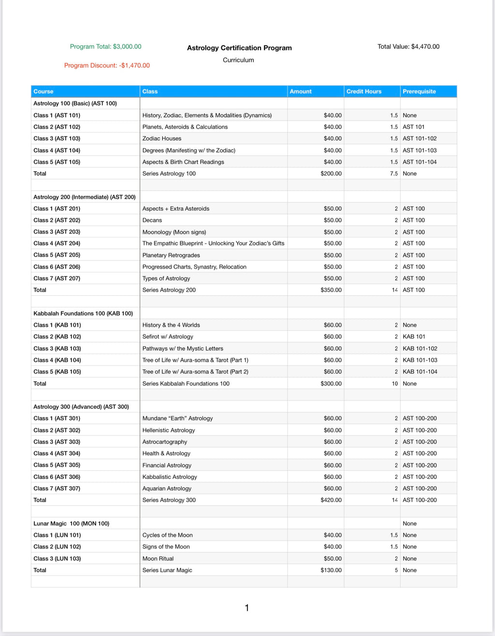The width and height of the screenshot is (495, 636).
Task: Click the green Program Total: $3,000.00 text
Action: pyautogui.click(x=105, y=47)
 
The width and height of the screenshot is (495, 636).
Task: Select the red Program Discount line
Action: pyautogui.click(x=107, y=66)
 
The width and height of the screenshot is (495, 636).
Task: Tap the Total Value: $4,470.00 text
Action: pyautogui.click(x=408, y=47)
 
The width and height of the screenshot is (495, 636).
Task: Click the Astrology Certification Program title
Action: pyautogui.click(x=239, y=48)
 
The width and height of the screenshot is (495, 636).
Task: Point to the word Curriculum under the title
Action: pyautogui.click(x=238, y=60)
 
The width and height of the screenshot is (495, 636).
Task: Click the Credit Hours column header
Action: pyautogui.click(x=364, y=91)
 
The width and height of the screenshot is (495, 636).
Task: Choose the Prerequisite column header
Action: pyautogui.click(x=419, y=91)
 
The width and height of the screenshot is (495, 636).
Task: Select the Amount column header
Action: pyautogui.click(x=301, y=91)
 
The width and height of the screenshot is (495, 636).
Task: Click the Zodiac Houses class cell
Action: pyautogui.click(x=162, y=139)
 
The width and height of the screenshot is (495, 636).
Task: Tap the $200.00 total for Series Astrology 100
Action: pyautogui.click(x=331, y=173)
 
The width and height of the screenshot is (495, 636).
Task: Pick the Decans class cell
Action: pyautogui.click(x=152, y=220)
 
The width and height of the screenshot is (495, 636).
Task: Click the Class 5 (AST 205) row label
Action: pyautogui.click(x=57, y=255)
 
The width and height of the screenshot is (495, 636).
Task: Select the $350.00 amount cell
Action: pyautogui.click(x=331, y=290)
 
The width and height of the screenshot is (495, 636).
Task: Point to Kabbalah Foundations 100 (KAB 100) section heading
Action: pyautogui.click(x=83, y=314)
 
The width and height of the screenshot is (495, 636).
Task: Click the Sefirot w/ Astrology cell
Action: pyautogui.click(x=168, y=337)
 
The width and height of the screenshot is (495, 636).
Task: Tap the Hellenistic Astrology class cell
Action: pyautogui.click(x=169, y=430)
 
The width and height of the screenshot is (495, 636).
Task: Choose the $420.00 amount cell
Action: pyautogui.click(x=331, y=500)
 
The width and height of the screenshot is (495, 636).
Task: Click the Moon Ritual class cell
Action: pyautogui.click(x=158, y=559)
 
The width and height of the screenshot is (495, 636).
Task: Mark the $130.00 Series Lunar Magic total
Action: pyautogui.click(x=331, y=570)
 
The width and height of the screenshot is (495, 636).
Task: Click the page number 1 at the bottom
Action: pyautogui.click(x=247, y=608)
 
